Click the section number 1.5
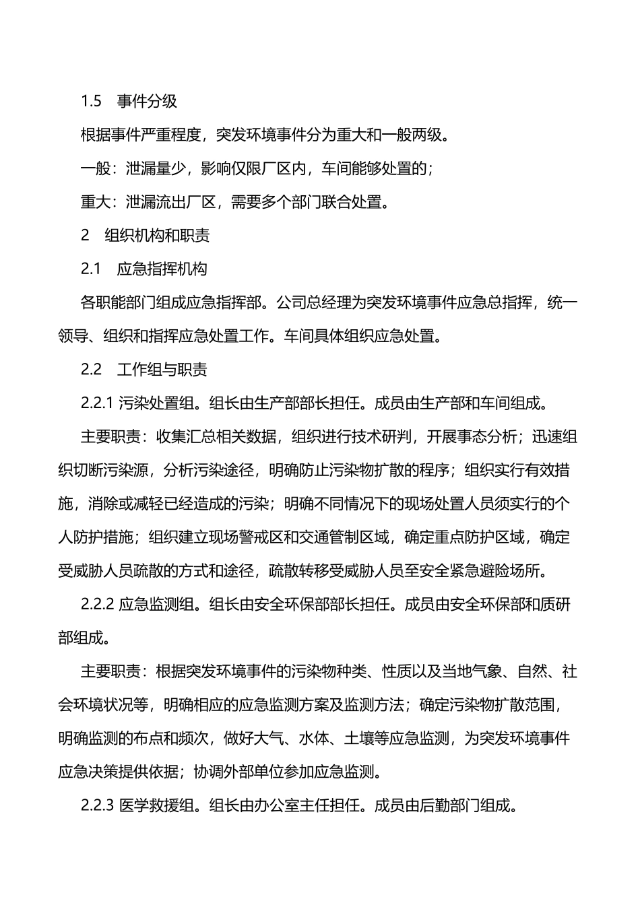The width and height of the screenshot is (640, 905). tap(91, 101)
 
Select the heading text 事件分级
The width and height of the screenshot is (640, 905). tap(147, 101)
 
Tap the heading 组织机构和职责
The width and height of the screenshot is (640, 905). tap(157, 235)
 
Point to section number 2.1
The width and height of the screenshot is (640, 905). tap(91, 269)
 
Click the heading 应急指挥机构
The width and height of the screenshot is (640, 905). tap(162, 269)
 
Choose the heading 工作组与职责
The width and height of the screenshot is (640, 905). tap(162, 369)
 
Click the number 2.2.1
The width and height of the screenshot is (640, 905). tap(98, 403)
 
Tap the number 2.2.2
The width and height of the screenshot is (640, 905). tap(98, 604)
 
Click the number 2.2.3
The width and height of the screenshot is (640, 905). tap(98, 805)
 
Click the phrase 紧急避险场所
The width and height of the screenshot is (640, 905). tap(497, 570)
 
